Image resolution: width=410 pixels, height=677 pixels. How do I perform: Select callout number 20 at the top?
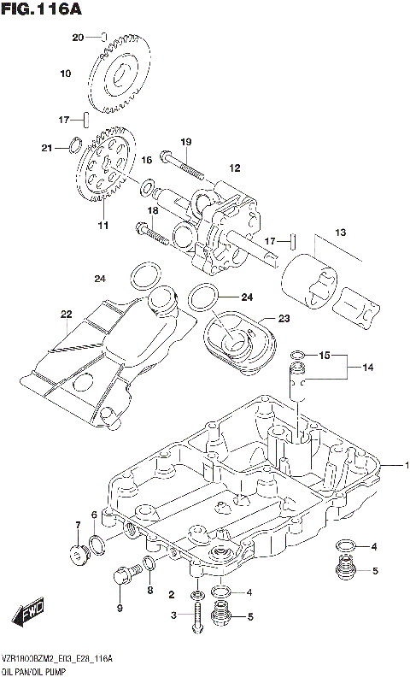pos(78,37)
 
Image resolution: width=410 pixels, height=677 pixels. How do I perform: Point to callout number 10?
pos(65,74)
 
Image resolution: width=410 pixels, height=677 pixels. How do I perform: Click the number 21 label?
pos(47,148)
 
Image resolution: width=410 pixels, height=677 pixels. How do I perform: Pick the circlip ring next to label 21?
pos(74,144)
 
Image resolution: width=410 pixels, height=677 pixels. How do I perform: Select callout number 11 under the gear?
pos(102,226)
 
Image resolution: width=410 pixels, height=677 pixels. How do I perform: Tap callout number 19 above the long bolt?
pos(184,141)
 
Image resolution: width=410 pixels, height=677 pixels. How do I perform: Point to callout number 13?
pos(340,232)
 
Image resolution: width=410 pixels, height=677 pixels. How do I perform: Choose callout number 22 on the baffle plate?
pos(66,314)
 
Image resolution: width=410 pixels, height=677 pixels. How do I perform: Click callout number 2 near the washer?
pos(172,595)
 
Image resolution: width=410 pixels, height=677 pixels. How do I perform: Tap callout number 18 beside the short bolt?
pos(154,210)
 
